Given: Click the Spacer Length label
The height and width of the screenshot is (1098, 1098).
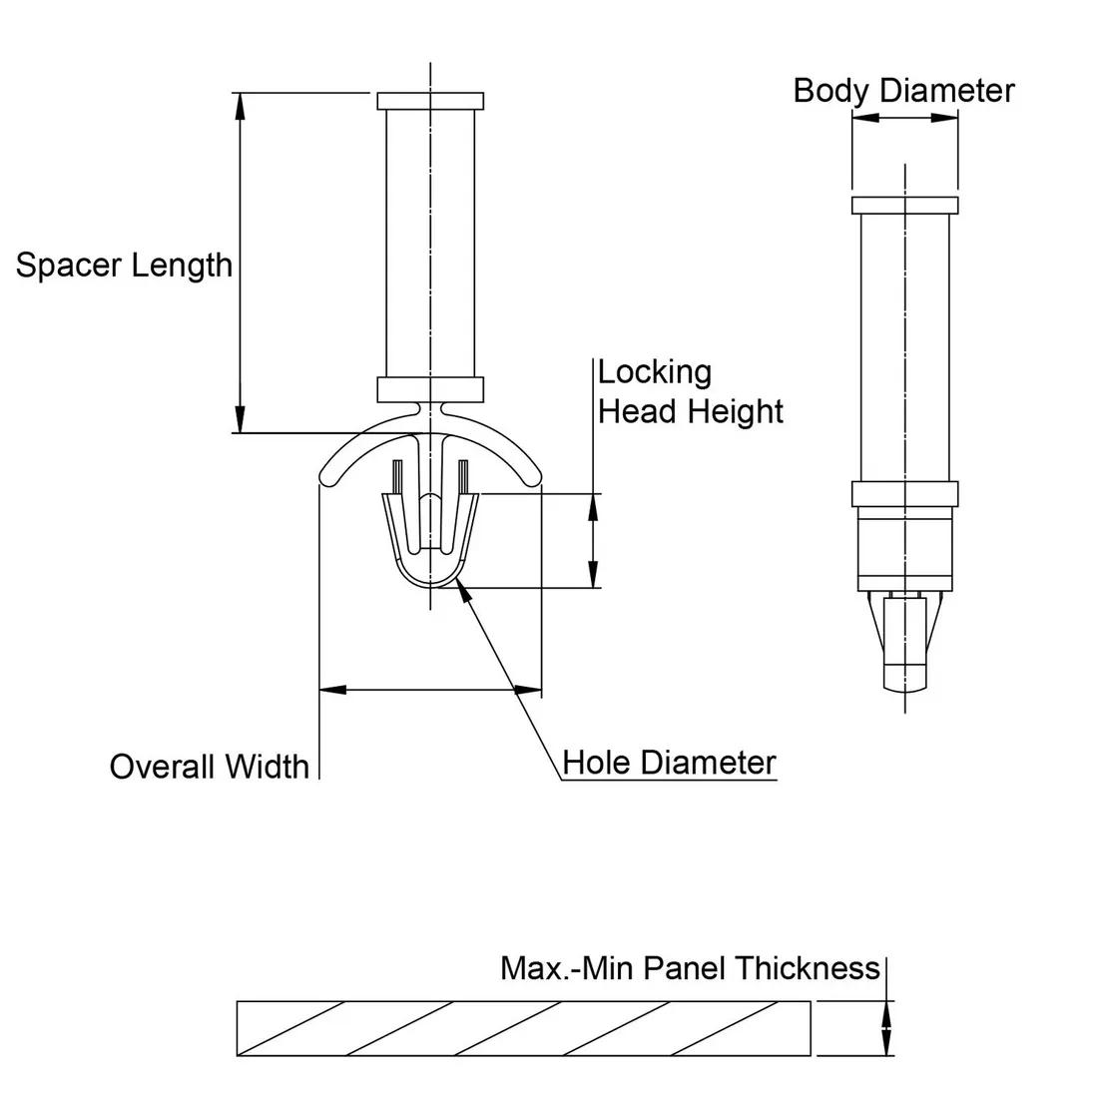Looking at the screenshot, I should point(124,266).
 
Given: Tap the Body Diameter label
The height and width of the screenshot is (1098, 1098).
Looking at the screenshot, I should point(903,91).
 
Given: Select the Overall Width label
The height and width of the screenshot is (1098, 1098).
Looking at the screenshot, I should point(209,767).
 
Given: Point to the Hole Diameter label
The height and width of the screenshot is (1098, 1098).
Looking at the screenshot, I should point(669,763).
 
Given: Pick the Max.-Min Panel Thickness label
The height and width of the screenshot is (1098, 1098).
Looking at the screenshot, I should point(690,968).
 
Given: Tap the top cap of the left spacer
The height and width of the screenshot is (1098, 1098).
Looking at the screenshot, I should point(431,102).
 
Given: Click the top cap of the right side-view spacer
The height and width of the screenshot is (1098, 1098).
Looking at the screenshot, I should point(904,206).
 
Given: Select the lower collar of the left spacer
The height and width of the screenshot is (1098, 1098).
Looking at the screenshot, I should point(431,388).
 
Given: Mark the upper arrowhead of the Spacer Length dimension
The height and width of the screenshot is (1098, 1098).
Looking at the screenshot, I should point(240,105).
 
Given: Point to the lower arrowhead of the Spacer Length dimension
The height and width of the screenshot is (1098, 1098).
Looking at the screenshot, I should point(240,419).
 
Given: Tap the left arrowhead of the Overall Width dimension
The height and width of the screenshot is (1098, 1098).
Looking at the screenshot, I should point(330,690).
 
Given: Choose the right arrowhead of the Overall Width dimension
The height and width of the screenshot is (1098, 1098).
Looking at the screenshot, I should point(528,690).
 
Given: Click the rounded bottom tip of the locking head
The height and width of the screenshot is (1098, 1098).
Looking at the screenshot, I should point(431,583).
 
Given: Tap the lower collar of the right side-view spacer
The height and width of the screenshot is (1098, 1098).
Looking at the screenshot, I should point(904,494).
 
